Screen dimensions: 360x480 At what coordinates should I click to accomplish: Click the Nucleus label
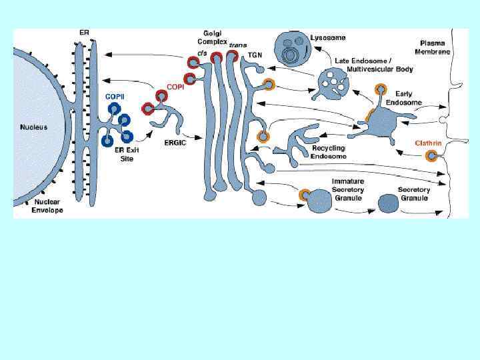coord(33,127)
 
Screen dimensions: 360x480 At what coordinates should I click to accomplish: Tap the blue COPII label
coord(115,97)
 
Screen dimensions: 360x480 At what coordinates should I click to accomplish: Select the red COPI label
coord(175,87)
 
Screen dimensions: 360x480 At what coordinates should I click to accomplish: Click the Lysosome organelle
coord(293,47)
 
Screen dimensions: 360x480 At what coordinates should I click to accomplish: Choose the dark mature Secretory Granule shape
coord(389,203)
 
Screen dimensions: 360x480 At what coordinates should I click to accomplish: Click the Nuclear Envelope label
coord(47,207)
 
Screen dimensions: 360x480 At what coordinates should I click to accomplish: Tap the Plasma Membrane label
coord(433,47)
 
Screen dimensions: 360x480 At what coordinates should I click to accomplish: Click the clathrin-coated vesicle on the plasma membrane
coord(432,157)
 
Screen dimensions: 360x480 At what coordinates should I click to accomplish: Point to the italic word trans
coord(238,45)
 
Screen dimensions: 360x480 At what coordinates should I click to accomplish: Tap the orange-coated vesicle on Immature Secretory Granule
coord(305,195)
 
